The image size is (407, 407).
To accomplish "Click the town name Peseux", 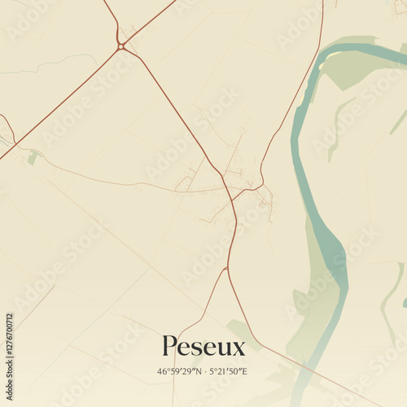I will [203, 347].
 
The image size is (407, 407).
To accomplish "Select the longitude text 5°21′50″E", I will [229, 371].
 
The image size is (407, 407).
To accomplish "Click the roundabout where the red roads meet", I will [121, 46].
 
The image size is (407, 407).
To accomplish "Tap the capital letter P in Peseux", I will [168, 347].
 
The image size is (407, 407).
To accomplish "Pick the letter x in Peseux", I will [238, 349].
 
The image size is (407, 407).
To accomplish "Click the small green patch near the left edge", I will [32, 158].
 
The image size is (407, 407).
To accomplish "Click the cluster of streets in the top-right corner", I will [399, 7].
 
